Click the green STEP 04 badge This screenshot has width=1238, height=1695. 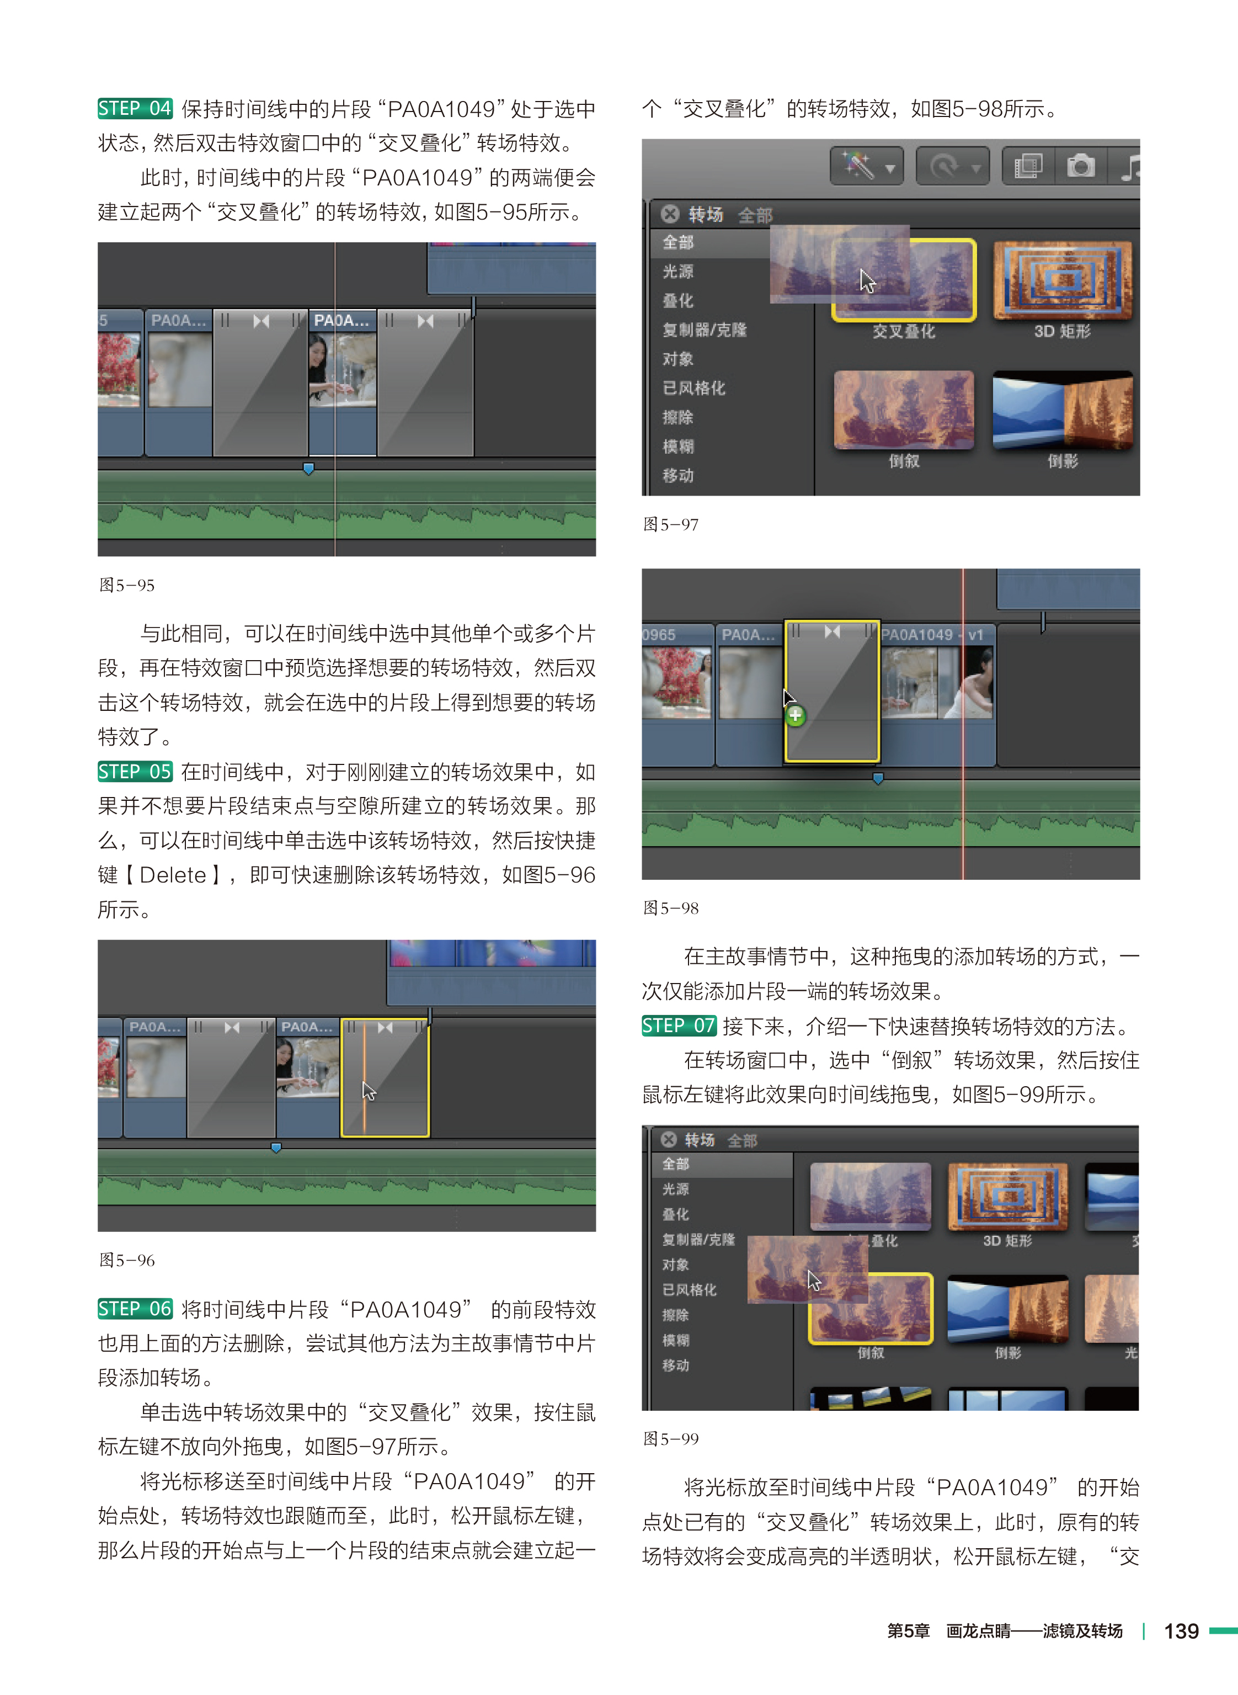click(x=135, y=109)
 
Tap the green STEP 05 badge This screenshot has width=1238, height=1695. click(x=135, y=772)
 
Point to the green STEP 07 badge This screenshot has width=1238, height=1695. click(x=679, y=1025)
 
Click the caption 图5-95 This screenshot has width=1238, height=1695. click(x=127, y=585)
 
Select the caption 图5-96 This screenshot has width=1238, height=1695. click(x=127, y=1260)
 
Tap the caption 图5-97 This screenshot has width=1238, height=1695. click(x=671, y=524)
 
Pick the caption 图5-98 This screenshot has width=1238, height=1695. click(x=671, y=908)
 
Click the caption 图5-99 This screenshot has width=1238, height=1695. click(x=671, y=1438)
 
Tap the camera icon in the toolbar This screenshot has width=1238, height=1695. click(x=1080, y=166)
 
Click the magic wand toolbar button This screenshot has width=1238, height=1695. click(x=866, y=166)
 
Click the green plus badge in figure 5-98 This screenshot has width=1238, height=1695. click(x=795, y=716)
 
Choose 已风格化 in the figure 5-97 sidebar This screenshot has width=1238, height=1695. click(x=694, y=387)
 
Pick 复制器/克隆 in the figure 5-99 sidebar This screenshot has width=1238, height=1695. click(x=698, y=1239)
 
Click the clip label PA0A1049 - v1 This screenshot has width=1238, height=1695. click(x=931, y=634)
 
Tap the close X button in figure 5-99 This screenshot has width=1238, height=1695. click(x=669, y=1140)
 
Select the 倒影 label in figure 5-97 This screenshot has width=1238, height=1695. click(x=1063, y=461)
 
